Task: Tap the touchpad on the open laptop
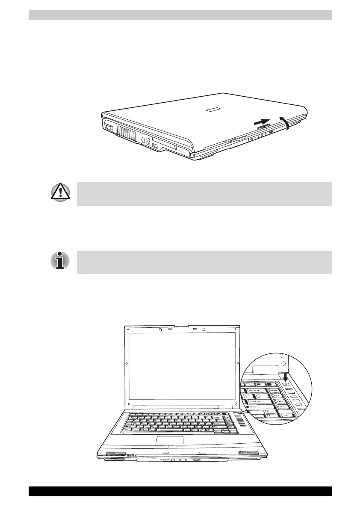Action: [170, 440]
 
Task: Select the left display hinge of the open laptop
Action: [139, 406]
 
